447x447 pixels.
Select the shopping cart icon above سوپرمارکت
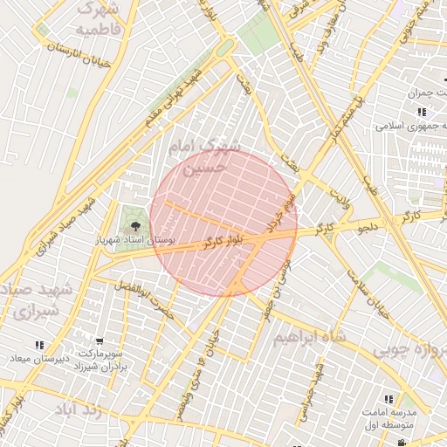[x=100, y=341]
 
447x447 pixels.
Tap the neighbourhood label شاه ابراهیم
[x=310, y=337]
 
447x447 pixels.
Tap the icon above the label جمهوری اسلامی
[x=422, y=112]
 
